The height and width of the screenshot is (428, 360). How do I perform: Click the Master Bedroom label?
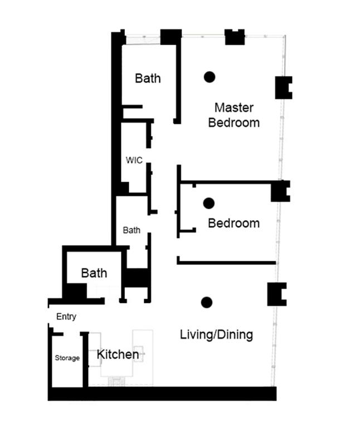[233, 115]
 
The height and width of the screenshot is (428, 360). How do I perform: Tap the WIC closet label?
[134, 160]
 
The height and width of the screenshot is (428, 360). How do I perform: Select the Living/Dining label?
[216, 335]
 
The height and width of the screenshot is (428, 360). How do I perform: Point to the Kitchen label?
[118, 354]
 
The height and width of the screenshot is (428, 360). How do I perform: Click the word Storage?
[67, 358]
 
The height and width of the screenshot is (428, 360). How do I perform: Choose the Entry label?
[66, 317]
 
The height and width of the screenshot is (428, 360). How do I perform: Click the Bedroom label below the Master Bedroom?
[233, 223]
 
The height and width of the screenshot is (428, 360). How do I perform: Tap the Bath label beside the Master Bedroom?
[148, 78]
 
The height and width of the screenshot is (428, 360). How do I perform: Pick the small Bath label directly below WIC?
[132, 230]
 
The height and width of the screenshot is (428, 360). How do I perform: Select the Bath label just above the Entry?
[94, 273]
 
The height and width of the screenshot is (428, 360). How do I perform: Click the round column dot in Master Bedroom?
[210, 77]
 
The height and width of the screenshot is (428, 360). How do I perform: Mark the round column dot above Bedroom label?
[209, 203]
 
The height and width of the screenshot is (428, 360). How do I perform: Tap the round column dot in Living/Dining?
[207, 302]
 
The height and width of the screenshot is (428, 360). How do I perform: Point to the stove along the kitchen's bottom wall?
[117, 381]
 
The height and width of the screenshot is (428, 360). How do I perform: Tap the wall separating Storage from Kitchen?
[85, 359]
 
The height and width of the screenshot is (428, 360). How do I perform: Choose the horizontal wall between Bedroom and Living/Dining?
[226, 262]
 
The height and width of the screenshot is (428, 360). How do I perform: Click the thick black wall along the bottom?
[162, 393]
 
